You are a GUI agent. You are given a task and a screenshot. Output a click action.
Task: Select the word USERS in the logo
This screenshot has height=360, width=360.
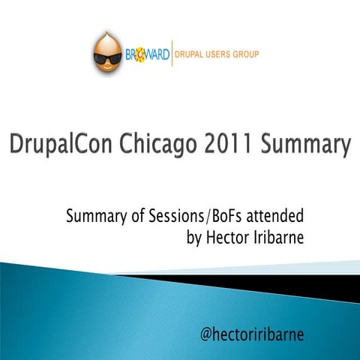click(223, 54)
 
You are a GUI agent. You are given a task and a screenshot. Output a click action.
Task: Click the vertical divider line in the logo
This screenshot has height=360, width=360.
click(172, 54)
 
